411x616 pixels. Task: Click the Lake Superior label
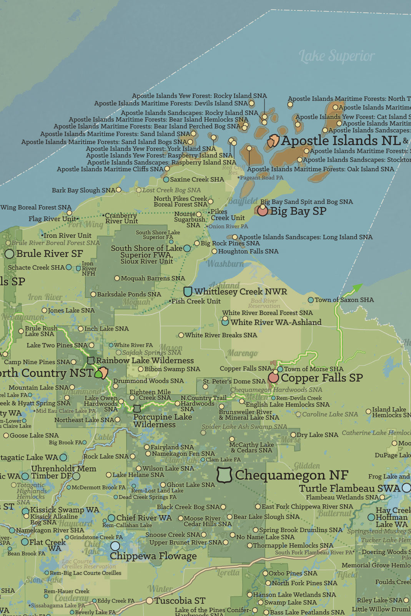[x=336, y=56]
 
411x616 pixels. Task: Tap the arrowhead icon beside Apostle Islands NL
[x=273, y=141]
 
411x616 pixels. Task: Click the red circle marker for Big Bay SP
[x=263, y=211]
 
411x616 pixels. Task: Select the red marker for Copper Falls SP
[x=273, y=378]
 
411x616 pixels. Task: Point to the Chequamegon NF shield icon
[x=225, y=475]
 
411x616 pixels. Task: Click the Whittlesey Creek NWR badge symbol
[x=188, y=291]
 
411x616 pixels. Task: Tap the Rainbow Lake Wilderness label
[x=145, y=361]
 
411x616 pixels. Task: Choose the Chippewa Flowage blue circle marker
[x=115, y=546]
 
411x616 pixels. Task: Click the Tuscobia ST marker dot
[x=150, y=601]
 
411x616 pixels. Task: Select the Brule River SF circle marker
[x=9, y=254]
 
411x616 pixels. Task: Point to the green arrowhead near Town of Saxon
[x=357, y=287]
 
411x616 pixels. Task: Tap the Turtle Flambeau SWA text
[x=349, y=489]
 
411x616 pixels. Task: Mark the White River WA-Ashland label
[x=276, y=323]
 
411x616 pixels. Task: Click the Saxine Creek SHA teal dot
[x=166, y=180]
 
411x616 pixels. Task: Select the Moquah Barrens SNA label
[x=153, y=278]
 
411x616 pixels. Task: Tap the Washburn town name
[x=225, y=264]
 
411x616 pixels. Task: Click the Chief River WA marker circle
[x=111, y=518]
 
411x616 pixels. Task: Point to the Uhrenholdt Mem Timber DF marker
[x=76, y=476]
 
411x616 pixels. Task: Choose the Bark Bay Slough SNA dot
[x=119, y=190]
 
